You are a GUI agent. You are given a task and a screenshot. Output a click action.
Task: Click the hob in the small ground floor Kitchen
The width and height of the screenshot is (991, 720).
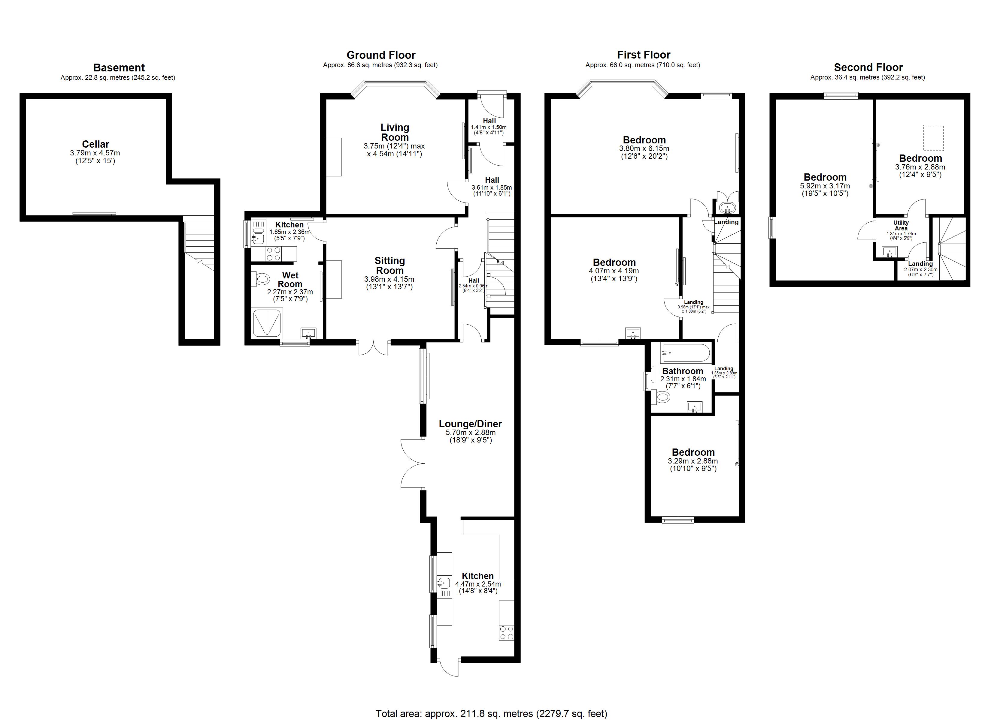tap(274, 254)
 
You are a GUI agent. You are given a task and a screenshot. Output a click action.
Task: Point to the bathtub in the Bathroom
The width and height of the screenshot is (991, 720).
tap(685, 353)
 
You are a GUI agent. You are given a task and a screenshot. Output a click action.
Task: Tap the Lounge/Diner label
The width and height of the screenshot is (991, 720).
tap(470, 424)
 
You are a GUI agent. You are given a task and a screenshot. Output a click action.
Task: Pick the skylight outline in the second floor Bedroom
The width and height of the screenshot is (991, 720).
tap(933, 137)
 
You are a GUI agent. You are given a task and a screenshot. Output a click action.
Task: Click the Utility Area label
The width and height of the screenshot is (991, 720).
tap(901, 225)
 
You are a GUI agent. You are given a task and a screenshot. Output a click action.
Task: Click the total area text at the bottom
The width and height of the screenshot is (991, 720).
tap(491, 713)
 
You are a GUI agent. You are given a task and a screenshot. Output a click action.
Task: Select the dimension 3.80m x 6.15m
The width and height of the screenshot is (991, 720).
tap(644, 148)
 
